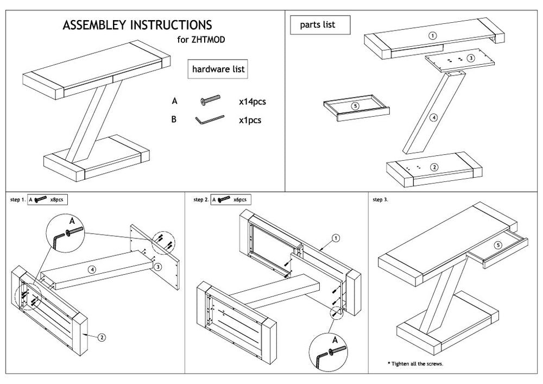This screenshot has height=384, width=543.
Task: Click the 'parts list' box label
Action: [320, 25]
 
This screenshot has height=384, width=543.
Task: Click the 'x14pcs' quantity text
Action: [252, 101]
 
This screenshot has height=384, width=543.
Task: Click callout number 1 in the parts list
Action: [432, 35]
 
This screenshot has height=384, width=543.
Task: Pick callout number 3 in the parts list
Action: [471, 57]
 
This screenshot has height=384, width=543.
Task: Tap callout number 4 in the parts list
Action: [433, 117]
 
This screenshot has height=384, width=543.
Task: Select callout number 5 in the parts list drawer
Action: [355, 106]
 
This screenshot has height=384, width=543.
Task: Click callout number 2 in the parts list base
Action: [434, 167]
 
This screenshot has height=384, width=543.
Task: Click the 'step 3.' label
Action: [381, 200]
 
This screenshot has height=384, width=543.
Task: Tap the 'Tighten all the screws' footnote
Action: [415, 363]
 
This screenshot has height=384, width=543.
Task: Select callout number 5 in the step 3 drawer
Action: [498, 244]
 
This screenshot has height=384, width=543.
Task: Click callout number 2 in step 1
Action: [102, 337]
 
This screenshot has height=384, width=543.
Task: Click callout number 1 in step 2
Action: [336, 237]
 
